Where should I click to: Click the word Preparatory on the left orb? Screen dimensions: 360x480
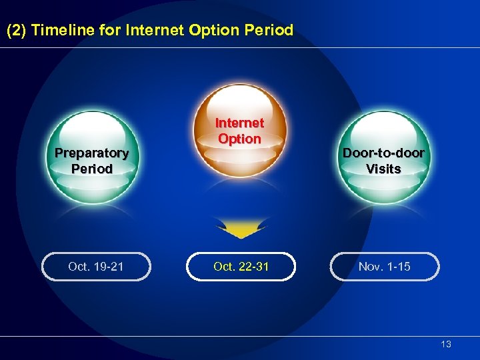click(91, 153)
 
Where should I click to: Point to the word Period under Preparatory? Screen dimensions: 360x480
click(92, 169)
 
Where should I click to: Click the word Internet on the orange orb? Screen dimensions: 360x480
click(239, 123)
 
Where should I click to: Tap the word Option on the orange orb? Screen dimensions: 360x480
click(239, 139)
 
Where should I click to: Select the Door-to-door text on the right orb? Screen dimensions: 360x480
click(383, 153)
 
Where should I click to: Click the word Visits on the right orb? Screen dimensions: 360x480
click(383, 169)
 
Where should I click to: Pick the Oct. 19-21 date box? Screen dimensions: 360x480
click(96, 267)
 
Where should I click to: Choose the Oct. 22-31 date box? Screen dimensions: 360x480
click(241, 267)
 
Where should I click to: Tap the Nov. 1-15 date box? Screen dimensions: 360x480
click(385, 267)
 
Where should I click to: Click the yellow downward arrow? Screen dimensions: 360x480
click(239, 231)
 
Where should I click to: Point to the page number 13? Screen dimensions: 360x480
click(446, 344)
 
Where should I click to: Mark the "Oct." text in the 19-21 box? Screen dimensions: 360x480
click(79, 267)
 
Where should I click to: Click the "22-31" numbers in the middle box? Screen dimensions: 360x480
click(253, 267)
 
